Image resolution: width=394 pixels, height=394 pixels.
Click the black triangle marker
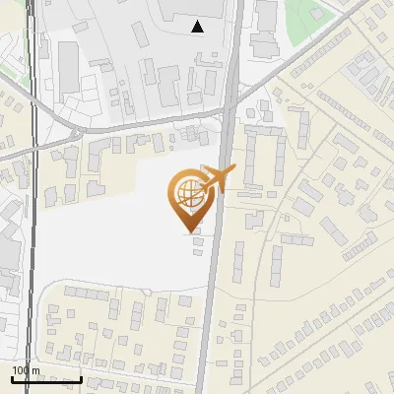click(198, 27)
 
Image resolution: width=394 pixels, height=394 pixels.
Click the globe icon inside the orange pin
click(187, 193)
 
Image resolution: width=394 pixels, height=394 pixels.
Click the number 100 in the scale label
click(21, 370)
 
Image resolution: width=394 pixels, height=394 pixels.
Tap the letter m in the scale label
click(35, 370)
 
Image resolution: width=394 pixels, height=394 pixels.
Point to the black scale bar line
click(46, 380)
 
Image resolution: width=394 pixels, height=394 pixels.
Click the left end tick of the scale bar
click(12, 378)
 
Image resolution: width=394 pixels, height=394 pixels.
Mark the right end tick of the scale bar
click(81, 378)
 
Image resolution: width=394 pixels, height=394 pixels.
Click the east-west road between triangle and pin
click(148, 129)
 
